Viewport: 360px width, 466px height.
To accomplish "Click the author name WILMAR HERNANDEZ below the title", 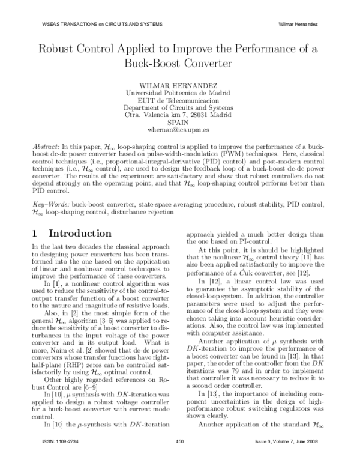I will [x=179, y=85].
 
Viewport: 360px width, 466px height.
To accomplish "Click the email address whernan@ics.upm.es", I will [x=179, y=129].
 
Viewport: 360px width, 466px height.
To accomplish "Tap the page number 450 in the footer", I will [x=179, y=458].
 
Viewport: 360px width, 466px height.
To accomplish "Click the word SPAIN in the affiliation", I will [x=179, y=121].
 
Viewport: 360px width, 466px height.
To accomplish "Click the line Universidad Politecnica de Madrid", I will [x=179, y=93].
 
